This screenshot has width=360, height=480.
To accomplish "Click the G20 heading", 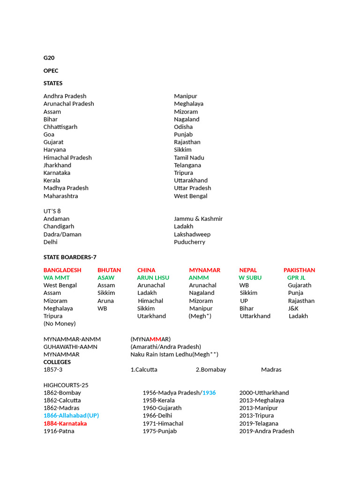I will click(x=49, y=58).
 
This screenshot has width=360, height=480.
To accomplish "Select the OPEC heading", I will click(x=51, y=70).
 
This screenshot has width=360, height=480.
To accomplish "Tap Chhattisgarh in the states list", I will click(x=60, y=127).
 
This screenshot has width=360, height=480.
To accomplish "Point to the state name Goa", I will click(x=49, y=135).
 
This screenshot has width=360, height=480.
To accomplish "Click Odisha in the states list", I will click(x=183, y=127).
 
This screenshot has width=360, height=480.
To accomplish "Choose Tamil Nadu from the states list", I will click(x=189, y=157).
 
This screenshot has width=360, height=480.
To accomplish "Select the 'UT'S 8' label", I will click(x=52, y=211).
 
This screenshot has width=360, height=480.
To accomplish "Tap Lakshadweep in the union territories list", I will click(x=192, y=234).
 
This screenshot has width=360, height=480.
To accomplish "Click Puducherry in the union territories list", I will click(x=189, y=242).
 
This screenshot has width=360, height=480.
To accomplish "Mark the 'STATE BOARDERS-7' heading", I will click(x=70, y=257).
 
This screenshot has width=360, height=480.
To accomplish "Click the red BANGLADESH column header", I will click(x=62, y=270).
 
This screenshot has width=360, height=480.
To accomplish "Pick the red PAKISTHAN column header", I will click(x=299, y=270).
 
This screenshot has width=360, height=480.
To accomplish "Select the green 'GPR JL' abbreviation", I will click(x=296, y=277).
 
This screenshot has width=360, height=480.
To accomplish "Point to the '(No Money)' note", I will click(x=60, y=323).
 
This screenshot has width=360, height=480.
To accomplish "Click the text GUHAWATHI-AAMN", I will click(x=70, y=346).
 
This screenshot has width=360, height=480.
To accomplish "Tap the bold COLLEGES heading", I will click(x=57, y=362).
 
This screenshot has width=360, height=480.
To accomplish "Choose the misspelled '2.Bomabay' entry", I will click(x=211, y=369).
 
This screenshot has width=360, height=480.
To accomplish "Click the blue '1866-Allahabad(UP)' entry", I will click(x=71, y=415).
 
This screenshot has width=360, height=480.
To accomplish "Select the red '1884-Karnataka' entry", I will click(x=65, y=423).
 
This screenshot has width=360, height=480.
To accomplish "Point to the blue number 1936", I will click(x=209, y=392).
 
